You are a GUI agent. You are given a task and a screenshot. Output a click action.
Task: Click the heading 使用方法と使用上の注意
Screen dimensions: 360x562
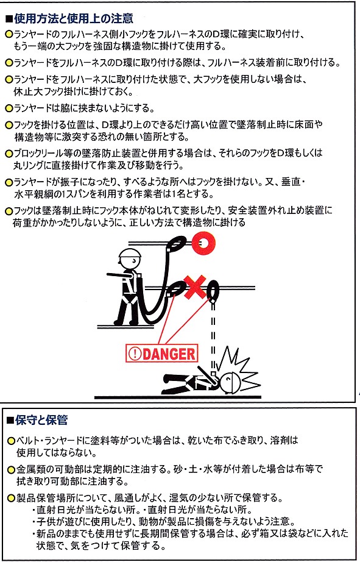pos(74,18)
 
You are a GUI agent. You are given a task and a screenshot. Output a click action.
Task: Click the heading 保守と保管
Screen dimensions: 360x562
pos(41,420)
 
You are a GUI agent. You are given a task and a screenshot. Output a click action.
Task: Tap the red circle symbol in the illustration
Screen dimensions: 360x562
pos(203,244)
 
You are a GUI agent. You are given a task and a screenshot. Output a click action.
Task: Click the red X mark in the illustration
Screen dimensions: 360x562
pos(195,286)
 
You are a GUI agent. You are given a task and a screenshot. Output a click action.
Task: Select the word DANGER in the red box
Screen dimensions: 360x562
pos(169,354)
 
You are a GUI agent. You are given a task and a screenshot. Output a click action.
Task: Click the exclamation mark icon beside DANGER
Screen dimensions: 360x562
pos(135,354)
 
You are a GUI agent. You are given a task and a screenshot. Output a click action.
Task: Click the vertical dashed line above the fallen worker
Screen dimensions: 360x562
pos(213,337)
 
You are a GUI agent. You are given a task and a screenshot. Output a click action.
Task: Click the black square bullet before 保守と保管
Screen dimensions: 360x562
pos(10,421)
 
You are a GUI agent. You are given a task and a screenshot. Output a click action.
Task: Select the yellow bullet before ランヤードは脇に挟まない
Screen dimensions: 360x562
pos(9,108)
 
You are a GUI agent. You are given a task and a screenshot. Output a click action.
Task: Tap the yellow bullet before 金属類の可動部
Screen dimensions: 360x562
pos(12,469)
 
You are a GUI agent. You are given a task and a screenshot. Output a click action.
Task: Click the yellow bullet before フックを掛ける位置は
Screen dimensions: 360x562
pos(9,126)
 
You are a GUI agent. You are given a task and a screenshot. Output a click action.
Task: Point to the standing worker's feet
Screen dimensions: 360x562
pos(126,322)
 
